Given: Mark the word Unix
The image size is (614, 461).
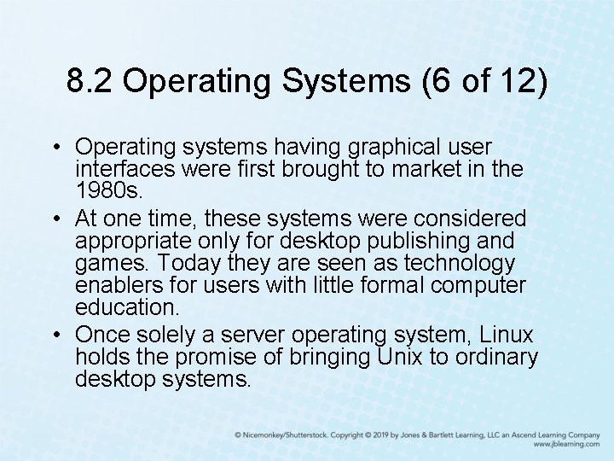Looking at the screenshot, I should click(x=395, y=357).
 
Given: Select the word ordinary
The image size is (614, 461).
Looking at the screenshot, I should click(x=496, y=357).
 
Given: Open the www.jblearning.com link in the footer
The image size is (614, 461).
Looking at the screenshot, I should click(x=567, y=445).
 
